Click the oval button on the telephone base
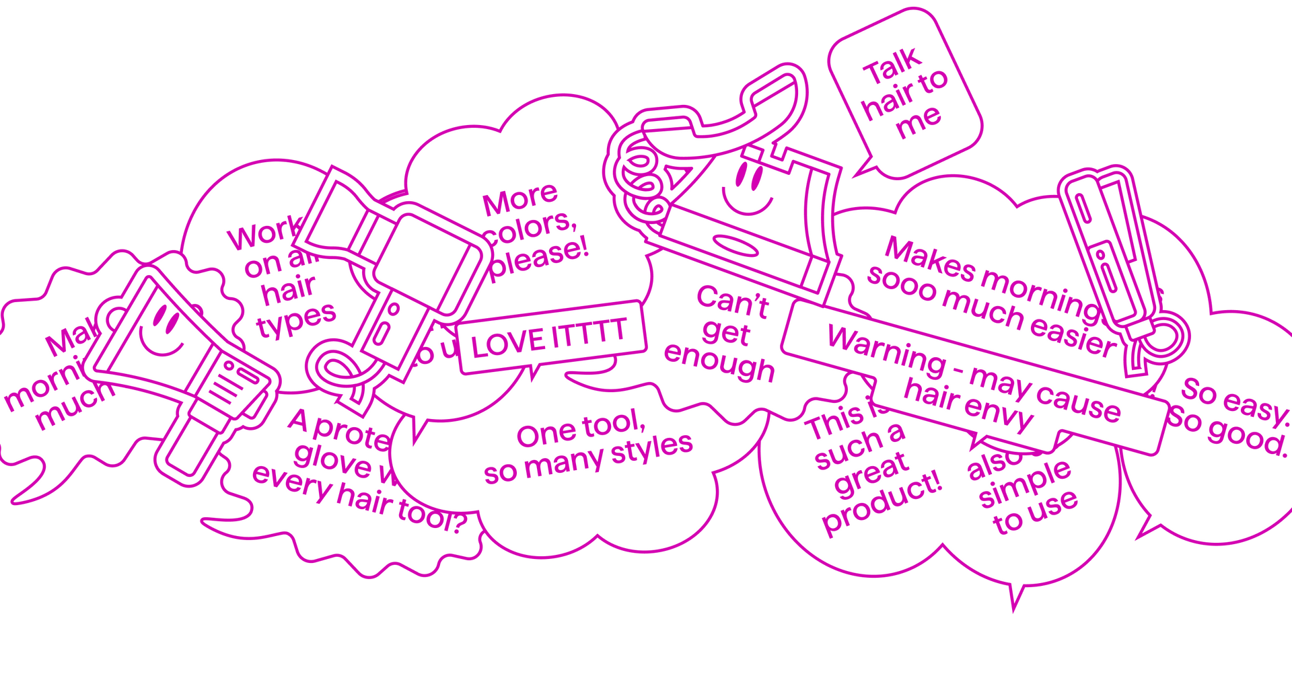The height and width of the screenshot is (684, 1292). pyautogui.click(x=735, y=245)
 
